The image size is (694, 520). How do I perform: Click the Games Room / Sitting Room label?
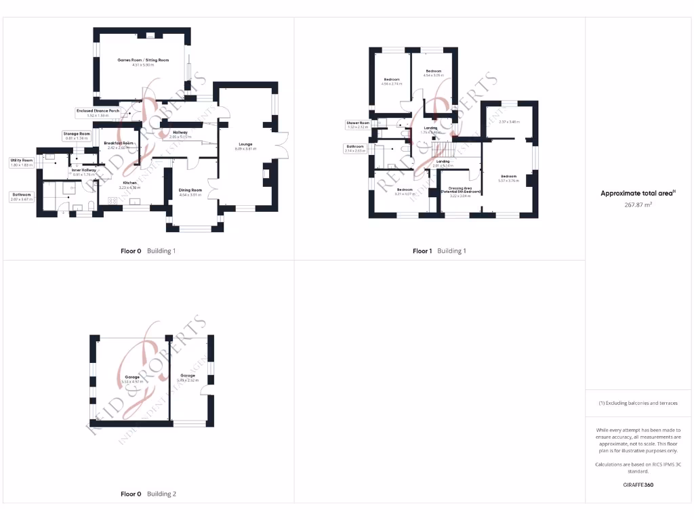[143, 60]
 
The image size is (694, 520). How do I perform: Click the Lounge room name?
[245, 144]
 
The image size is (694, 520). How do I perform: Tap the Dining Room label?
[190, 190]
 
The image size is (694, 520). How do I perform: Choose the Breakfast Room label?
[119, 144]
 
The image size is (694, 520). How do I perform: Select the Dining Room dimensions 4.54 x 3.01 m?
[190, 195]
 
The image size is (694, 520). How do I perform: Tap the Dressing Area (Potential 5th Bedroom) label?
[460, 190]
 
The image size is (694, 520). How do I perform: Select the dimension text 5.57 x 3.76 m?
[508, 181]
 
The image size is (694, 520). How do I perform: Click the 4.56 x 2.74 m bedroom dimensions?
[392, 84]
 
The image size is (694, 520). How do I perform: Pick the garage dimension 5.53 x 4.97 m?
[131, 382]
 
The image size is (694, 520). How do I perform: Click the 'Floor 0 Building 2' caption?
[148, 494]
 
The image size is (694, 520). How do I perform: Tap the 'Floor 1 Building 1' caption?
[440, 251]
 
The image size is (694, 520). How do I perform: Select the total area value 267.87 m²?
[638, 204]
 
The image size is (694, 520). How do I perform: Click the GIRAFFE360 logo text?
[638, 485]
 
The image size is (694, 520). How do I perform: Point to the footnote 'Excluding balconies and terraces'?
[638, 403]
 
